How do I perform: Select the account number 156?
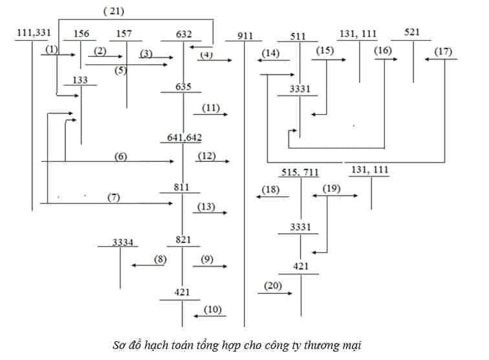click(81, 34)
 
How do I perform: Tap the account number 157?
click(125, 34)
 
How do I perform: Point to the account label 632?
click(184, 34)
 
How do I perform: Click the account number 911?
click(244, 36)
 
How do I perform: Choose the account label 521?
click(412, 32)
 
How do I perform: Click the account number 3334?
click(122, 242)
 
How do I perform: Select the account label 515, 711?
click(300, 172)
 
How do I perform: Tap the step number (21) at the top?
click(113, 11)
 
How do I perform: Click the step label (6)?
click(120, 155)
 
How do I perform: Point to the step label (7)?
click(114, 197)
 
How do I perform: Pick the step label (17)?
click(444, 51)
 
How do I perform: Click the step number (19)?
click(331, 188)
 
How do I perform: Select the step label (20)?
click(274, 285)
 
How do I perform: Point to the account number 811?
click(182, 187)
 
